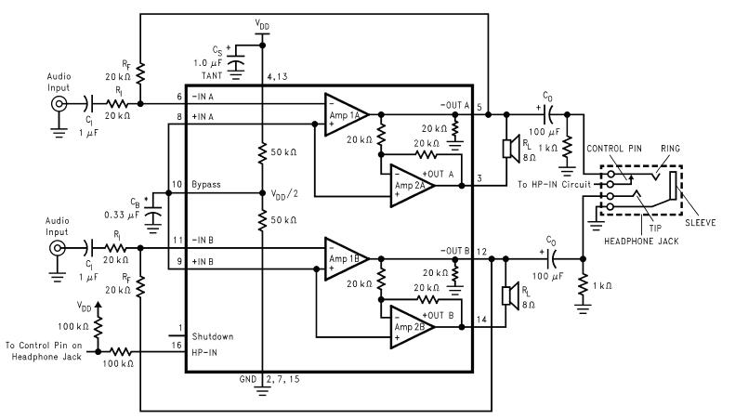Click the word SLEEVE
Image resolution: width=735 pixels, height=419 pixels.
pyautogui.click(x=702, y=222)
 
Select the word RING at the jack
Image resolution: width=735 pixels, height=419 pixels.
pyautogui.click(x=671, y=148)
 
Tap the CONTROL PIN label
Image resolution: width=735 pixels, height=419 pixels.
pyautogui.click(x=610, y=148)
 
